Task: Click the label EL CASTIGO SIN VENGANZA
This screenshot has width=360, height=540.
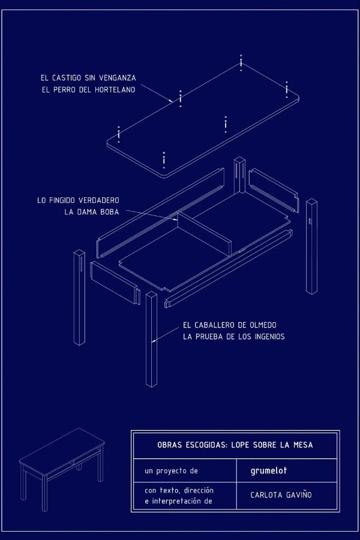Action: (x=88, y=78)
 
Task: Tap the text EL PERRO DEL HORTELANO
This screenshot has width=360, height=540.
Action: (x=89, y=89)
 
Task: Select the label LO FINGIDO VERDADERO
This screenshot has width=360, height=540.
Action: (x=78, y=200)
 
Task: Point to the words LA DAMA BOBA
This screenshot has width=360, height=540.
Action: (x=92, y=212)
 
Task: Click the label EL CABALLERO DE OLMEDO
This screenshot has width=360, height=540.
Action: (x=230, y=325)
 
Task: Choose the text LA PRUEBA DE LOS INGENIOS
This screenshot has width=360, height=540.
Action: (x=234, y=337)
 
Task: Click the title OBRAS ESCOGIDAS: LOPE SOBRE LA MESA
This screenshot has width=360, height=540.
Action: (x=235, y=445)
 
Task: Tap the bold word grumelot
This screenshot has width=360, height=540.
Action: (x=269, y=470)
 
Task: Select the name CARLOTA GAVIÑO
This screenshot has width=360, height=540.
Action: (x=281, y=495)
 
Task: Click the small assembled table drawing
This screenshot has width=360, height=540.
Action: (x=62, y=469)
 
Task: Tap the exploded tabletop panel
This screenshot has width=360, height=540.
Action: (x=203, y=121)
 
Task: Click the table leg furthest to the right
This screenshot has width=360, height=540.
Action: (x=312, y=247)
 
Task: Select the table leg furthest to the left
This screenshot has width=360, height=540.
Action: (x=79, y=297)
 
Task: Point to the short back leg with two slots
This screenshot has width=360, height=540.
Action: (x=239, y=175)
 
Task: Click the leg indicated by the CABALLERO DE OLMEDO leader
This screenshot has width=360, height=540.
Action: (x=151, y=339)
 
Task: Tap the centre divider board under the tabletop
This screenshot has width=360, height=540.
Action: (x=204, y=234)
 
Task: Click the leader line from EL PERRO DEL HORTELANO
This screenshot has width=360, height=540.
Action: (x=157, y=93)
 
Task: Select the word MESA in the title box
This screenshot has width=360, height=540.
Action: (x=303, y=445)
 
